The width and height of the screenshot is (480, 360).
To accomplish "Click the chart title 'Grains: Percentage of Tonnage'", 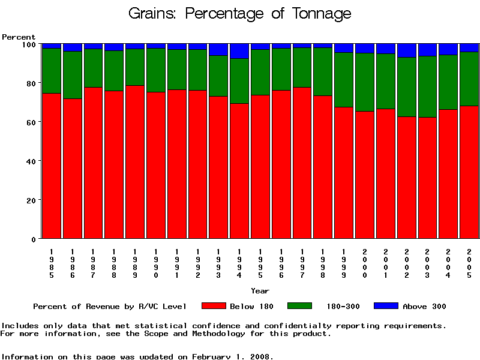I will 240,14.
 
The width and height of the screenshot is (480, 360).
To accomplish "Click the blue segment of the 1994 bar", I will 239,51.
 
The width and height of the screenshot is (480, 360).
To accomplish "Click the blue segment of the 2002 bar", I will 407,50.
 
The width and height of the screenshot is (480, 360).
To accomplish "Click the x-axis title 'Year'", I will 260,291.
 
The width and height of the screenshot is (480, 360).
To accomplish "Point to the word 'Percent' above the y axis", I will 19,37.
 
